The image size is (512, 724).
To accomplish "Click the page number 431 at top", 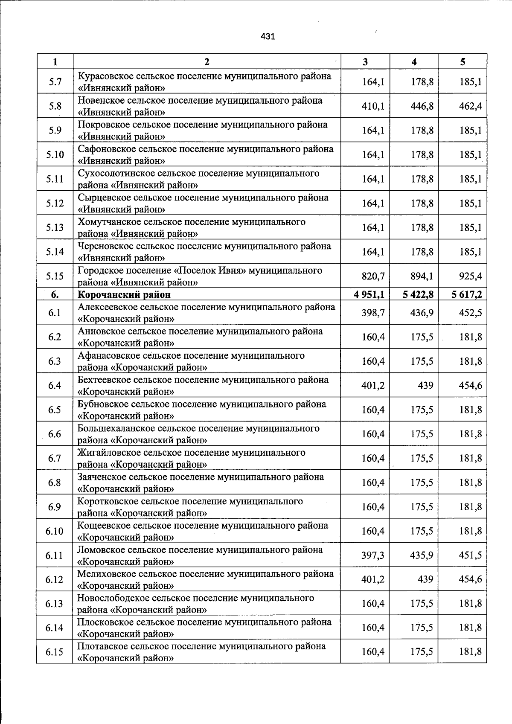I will point(268,37).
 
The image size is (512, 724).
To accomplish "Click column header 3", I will point(365,62).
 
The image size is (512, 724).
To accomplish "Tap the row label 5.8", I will point(55,106).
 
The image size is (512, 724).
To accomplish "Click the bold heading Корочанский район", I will point(124,295).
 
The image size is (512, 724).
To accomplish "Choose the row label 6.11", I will point(55,555).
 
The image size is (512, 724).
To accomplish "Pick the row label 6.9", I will point(55,507).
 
